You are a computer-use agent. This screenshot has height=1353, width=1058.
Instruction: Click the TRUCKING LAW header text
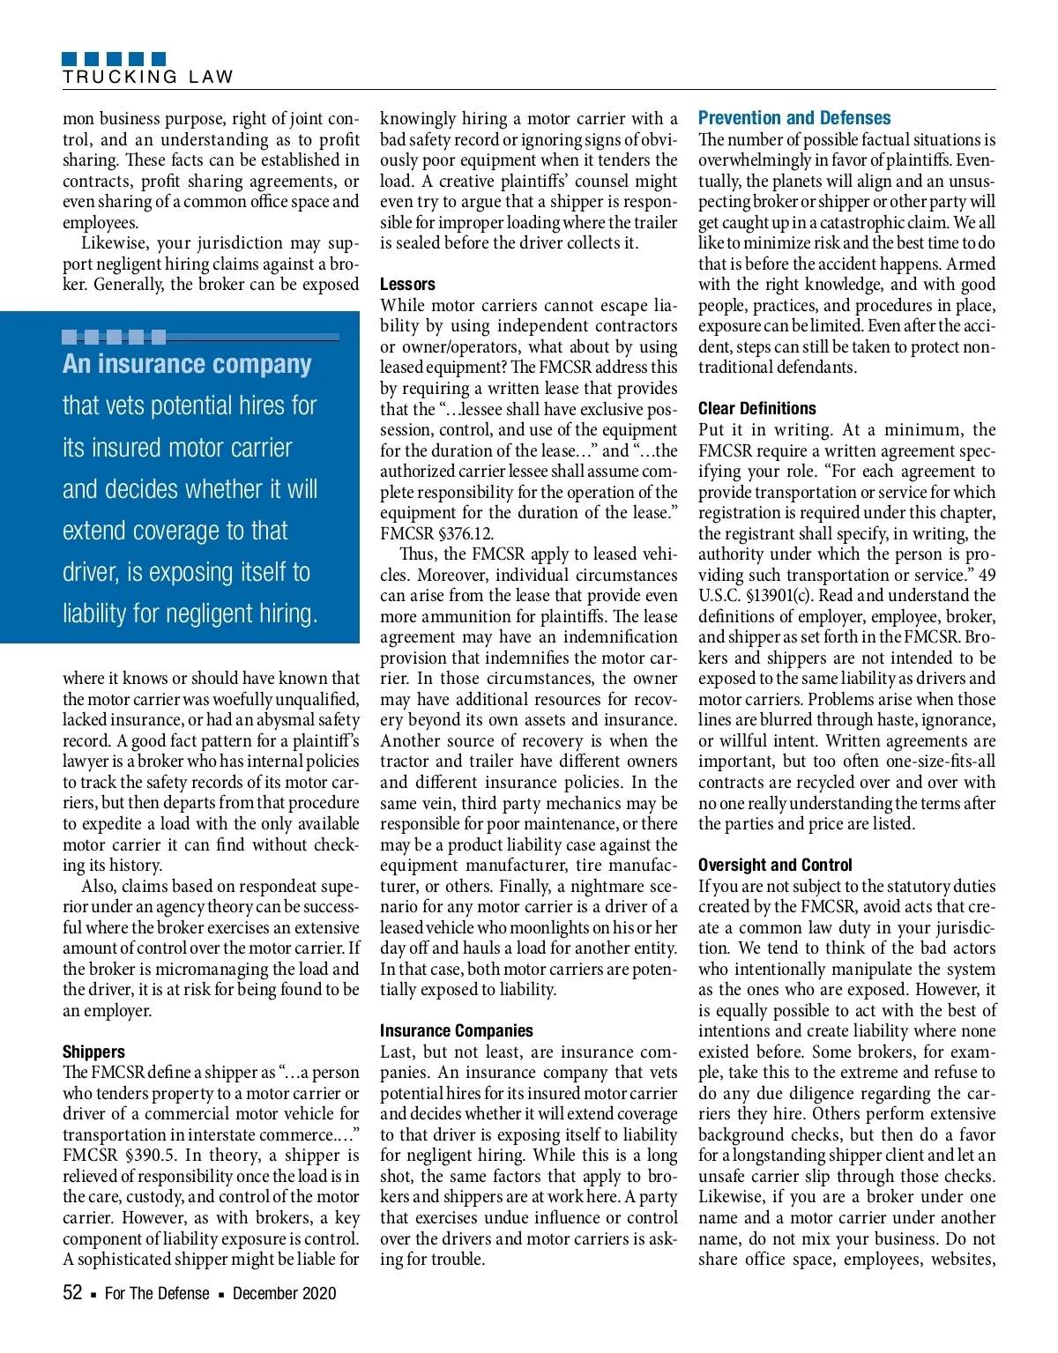[x=148, y=77]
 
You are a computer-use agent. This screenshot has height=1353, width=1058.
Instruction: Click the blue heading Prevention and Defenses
[x=793, y=118]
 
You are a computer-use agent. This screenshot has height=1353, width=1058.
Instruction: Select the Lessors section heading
[x=407, y=284]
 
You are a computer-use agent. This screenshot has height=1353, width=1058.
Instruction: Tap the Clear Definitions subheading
[x=756, y=408]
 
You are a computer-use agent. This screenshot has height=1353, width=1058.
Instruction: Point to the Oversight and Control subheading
[x=774, y=865]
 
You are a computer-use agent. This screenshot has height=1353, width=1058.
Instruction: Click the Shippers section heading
[x=93, y=1052]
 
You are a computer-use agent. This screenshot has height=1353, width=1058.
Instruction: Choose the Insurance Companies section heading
[x=456, y=1030]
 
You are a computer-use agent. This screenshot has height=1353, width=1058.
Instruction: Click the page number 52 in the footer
[x=72, y=1293]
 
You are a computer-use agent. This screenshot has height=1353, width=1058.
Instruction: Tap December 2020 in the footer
[x=284, y=1293]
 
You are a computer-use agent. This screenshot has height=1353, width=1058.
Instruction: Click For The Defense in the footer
[x=157, y=1293]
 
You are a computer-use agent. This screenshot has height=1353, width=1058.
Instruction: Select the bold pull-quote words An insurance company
[x=187, y=364]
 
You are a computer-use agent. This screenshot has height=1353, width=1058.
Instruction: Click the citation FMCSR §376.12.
[x=436, y=533]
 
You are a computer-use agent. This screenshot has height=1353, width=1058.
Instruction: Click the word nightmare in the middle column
[x=600, y=886]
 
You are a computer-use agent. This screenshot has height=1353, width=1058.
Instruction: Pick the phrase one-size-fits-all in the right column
[x=937, y=762]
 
